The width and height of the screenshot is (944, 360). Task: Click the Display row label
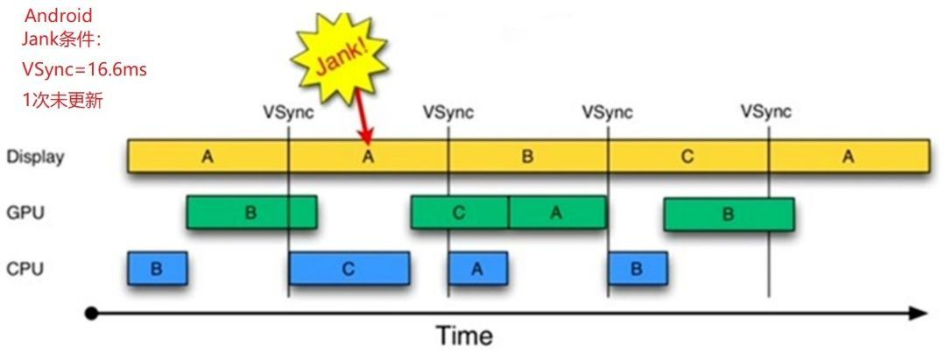tap(35, 158)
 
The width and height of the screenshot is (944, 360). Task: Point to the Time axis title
tap(465, 335)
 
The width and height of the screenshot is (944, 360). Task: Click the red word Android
tap(58, 16)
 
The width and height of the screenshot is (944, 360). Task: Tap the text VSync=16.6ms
tap(84, 69)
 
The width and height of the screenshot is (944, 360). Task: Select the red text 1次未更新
tap(63, 100)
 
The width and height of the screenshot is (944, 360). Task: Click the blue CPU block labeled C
tap(349, 269)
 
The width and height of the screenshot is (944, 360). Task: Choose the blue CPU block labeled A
tap(477, 269)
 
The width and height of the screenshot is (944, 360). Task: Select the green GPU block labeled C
tap(460, 213)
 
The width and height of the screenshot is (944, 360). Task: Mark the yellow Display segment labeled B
tap(528, 156)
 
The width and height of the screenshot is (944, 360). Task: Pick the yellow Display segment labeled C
tap(688, 156)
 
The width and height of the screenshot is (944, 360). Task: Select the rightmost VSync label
tap(765, 112)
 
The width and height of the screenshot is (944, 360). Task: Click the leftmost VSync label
tap(288, 112)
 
